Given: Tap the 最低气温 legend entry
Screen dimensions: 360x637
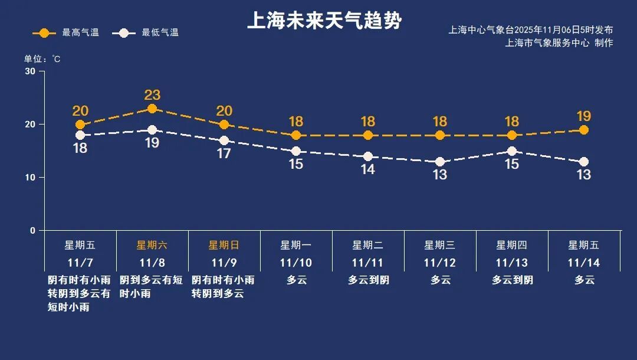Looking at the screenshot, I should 149,33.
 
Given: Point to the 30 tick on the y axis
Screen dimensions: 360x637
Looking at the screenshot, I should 30,71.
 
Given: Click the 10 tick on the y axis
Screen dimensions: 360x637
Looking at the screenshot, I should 30,177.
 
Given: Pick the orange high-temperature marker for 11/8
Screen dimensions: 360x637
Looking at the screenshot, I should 152,109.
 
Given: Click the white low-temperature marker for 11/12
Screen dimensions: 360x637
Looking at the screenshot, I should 440,162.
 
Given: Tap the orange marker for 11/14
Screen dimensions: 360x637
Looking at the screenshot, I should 584,130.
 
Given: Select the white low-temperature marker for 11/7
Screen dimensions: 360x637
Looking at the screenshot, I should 80,135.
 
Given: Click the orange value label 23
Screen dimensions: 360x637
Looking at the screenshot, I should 152,95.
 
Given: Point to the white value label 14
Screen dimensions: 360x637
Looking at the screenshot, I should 368,169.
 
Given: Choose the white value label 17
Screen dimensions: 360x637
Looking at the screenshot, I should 224,153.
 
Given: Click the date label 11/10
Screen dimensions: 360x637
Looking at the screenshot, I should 296,263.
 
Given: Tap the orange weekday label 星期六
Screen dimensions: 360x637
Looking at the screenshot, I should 152,245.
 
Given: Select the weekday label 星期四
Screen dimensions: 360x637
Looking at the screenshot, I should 512,245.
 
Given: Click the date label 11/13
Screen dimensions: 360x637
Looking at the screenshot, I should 512,263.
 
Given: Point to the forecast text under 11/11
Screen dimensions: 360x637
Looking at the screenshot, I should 368,280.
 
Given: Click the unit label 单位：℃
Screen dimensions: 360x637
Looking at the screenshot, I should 42,59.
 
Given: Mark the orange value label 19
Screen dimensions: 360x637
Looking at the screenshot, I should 584,116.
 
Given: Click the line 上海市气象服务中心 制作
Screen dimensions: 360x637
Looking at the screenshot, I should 559,43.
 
